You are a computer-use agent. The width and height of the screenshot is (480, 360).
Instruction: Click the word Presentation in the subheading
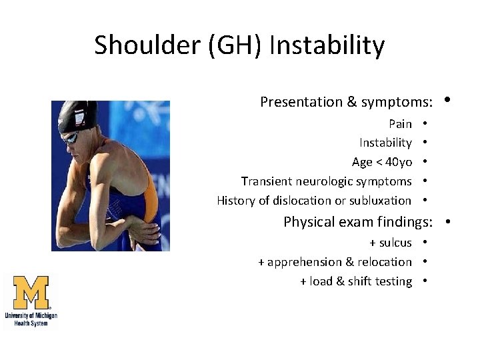point(301,102)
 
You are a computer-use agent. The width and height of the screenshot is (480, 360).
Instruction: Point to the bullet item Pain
point(400,124)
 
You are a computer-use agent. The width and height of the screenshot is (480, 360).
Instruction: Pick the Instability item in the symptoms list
point(385,143)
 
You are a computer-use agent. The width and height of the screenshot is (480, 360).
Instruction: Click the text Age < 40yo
point(381,162)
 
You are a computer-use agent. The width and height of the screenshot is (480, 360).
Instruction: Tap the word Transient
point(266,181)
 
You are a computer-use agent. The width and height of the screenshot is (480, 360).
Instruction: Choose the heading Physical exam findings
point(358,222)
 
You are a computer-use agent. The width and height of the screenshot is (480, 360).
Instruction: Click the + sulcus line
point(391,243)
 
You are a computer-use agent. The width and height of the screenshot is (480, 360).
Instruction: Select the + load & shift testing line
point(356,281)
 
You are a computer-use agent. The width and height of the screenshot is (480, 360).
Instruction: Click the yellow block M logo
point(31,292)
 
